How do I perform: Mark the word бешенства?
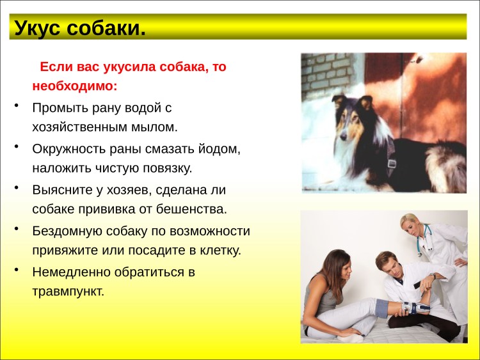[x=192, y=209]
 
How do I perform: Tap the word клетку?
[x=218, y=250]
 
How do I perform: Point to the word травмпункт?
[x=67, y=292]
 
